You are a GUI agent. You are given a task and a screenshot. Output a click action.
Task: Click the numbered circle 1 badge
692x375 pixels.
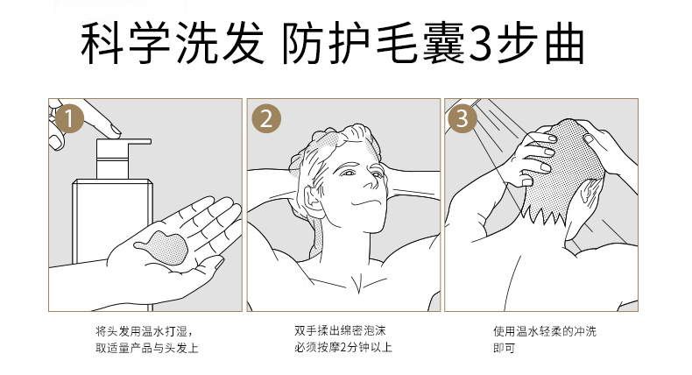pyautogui.click(x=69, y=118)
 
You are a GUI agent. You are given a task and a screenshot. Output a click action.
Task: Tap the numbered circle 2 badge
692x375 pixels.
pyautogui.click(x=266, y=118)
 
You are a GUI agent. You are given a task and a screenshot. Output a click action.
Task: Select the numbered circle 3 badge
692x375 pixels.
pyautogui.click(x=463, y=118)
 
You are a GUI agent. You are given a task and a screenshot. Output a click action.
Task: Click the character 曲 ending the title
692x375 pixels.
pyautogui.click(x=565, y=44)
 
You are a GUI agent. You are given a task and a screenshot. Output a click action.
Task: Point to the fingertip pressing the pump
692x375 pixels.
pyautogui.click(x=115, y=131)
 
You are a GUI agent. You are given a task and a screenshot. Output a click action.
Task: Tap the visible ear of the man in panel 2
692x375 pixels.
pyautogui.click(x=314, y=201)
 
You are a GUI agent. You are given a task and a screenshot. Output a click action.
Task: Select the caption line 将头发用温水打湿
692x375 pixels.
pyautogui.click(x=145, y=331)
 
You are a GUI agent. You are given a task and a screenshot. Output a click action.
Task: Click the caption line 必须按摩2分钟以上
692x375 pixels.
pyautogui.click(x=343, y=348)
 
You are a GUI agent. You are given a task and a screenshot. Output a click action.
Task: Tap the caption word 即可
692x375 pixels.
pyautogui.click(x=504, y=348)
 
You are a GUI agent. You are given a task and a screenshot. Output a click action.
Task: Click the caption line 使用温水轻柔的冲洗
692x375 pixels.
pyautogui.click(x=545, y=331)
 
